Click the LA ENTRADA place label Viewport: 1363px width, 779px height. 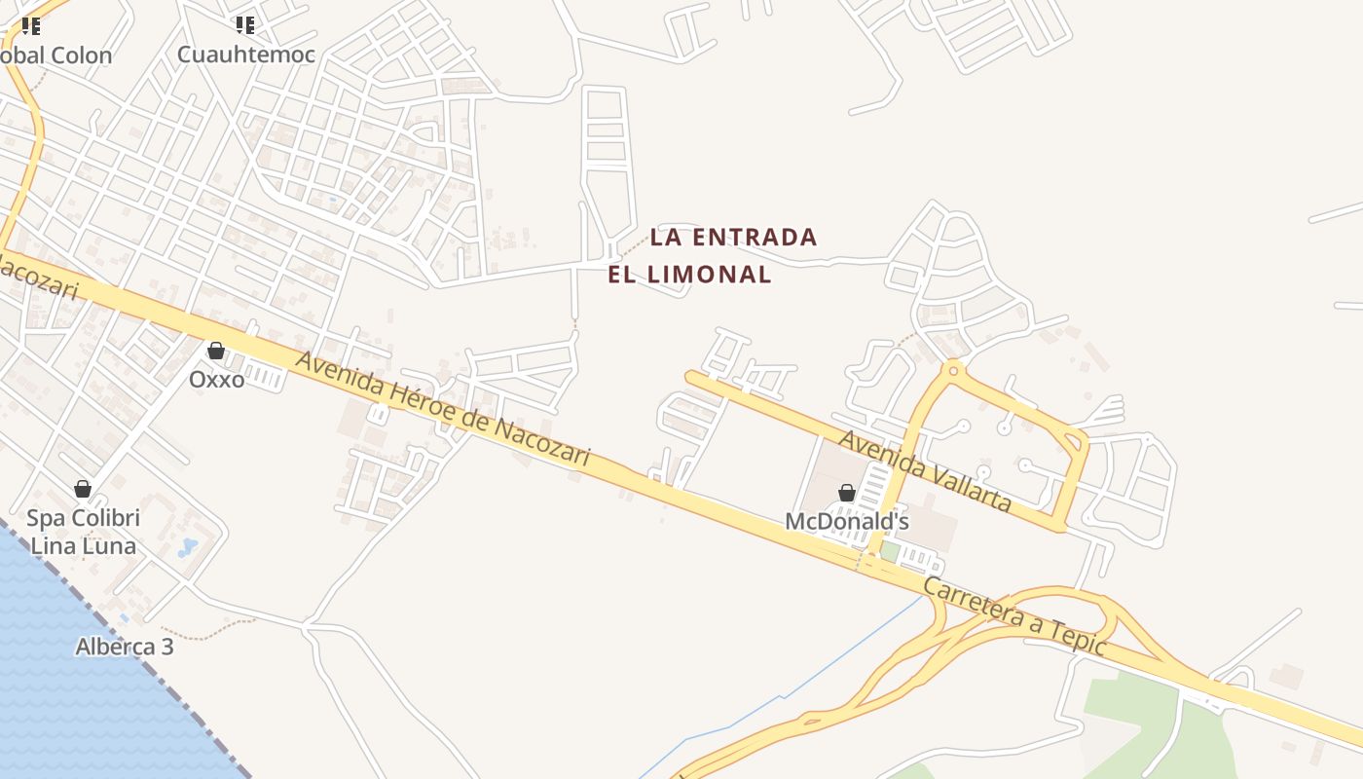(733, 237)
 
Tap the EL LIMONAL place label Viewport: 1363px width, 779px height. (689, 275)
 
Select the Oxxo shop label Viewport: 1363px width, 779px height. (216, 379)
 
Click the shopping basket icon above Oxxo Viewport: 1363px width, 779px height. (216, 351)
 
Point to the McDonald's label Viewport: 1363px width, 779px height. (846, 522)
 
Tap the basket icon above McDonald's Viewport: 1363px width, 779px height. (847, 494)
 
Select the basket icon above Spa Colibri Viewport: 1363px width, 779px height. (83, 489)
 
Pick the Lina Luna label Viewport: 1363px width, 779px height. (84, 545)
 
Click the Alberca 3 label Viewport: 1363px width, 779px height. (125, 647)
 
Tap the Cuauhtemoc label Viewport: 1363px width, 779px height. (246, 55)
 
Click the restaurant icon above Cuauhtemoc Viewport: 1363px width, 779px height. (245, 25)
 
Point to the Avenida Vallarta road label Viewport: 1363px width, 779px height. (925, 471)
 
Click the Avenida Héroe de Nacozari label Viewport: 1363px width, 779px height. (443, 408)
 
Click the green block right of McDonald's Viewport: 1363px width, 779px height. (890, 551)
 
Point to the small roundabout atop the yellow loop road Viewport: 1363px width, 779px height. (953, 369)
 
